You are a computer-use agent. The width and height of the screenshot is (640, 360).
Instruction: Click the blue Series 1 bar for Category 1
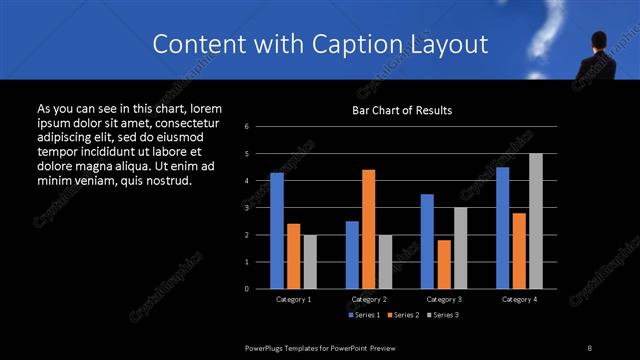point(277,231)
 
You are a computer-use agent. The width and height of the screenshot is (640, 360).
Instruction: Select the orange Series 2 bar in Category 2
point(368,229)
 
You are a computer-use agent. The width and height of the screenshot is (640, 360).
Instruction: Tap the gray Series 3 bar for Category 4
point(535,221)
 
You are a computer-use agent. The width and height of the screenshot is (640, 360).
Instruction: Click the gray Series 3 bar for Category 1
point(310,262)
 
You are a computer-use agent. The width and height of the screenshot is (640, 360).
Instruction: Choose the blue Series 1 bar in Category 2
point(352,255)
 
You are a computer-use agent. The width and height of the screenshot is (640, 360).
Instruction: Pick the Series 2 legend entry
point(403,315)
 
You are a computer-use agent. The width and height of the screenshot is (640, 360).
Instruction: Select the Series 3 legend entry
point(441,315)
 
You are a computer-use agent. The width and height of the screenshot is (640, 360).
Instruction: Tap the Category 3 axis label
point(444,299)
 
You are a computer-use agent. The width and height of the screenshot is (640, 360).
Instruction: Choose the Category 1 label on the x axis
point(293,299)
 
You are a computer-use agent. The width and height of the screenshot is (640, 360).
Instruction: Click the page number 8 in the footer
point(589,347)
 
